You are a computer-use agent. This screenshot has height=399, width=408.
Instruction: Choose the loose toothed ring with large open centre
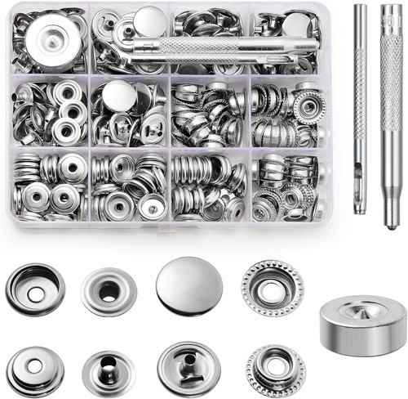coord(272,288)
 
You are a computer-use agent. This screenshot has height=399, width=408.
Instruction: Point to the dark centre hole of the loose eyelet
coord(108,285)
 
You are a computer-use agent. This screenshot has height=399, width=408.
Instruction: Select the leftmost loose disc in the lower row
coord(35,370)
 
